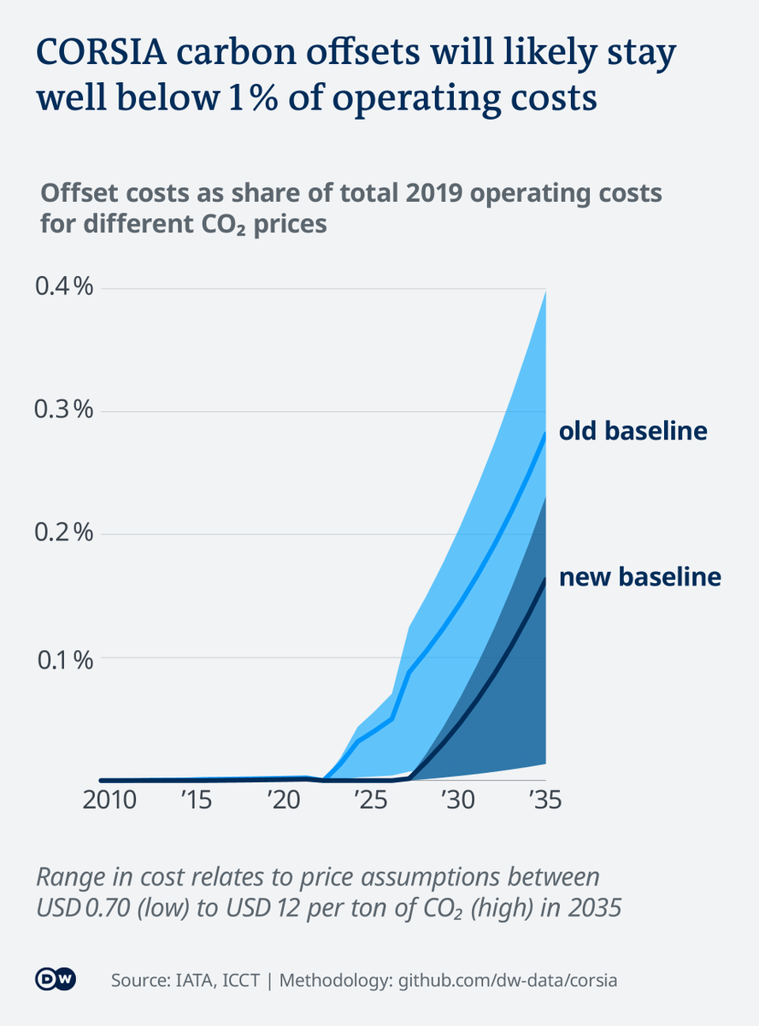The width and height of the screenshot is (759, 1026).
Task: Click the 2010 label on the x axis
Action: pyautogui.click(x=110, y=801)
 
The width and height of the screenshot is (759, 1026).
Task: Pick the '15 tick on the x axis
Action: pyautogui.click(x=196, y=801)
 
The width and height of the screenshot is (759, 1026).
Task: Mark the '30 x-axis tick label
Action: pyautogui.click(x=456, y=801)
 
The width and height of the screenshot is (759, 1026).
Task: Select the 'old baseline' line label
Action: pyautogui.click(x=632, y=431)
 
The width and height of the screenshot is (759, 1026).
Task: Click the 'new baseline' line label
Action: pyautogui.click(x=639, y=578)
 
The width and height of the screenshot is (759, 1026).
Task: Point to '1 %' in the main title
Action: pyautogui.click(x=240, y=99)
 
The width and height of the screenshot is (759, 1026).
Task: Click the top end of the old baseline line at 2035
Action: pyautogui.click(x=545, y=433)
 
